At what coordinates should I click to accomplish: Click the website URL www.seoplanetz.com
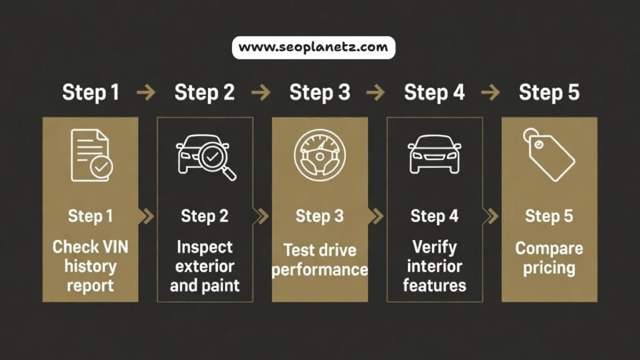pyautogui.click(x=313, y=47)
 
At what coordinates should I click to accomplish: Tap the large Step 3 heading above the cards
pyautogui.click(x=319, y=92)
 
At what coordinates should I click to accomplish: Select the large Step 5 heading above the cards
pyautogui.click(x=549, y=92)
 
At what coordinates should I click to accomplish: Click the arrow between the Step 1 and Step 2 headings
pyautogui.click(x=146, y=93)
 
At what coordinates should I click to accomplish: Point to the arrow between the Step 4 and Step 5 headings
pyautogui.click(x=491, y=93)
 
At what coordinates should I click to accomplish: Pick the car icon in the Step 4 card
pyautogui.click(x=434, y=154)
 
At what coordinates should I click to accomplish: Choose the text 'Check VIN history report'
pyautogui.click(x=91, y=266)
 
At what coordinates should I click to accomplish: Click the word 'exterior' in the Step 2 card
pyautogui.click(x=205, y=266)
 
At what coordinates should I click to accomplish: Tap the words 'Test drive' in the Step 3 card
pyautogui.click(x=319, y=251)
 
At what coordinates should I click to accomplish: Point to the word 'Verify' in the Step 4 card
pyautogui.click(x=434, y=247)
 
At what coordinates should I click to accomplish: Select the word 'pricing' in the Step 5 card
pyautogui.click(x=549, y=268)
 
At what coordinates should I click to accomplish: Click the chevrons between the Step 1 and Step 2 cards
pyautogui.click(x=147, y=216)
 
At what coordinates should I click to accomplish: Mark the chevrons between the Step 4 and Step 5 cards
pyautogui.click(x=492, y=216)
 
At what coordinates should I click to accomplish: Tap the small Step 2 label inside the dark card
pyautogui.click(x=205, y=216)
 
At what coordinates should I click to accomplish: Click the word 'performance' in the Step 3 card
pyautogui.click(x=319, y=270)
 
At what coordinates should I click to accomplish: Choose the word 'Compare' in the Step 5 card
pyautogui.click(x=549, y=249)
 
